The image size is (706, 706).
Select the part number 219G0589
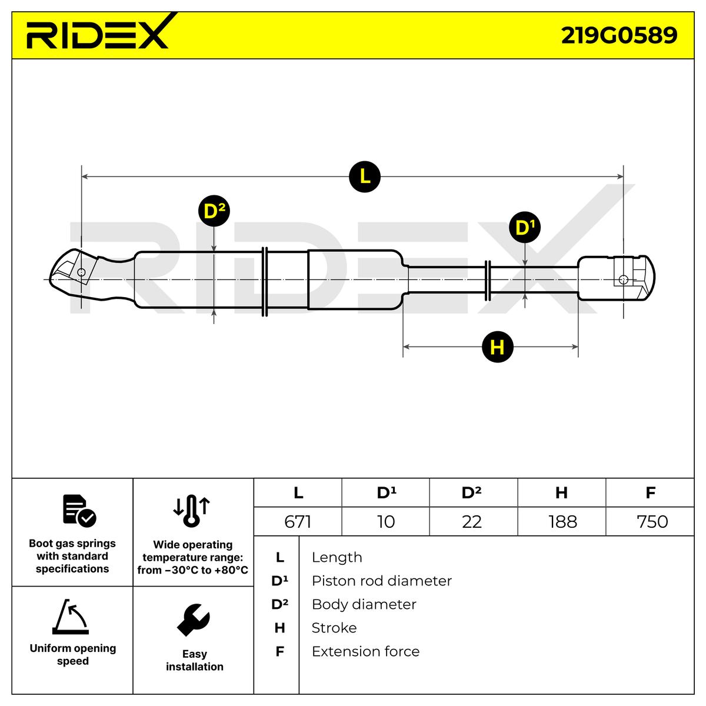619,35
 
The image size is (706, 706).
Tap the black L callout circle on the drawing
365,176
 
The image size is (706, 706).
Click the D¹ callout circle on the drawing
524,227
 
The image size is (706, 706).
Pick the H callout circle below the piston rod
497,347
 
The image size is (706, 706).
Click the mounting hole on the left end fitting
81,272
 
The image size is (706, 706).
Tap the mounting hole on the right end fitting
624,279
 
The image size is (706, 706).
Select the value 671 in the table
297,522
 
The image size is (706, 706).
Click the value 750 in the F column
652,522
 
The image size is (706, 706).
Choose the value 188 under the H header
562,522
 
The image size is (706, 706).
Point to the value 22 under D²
472,522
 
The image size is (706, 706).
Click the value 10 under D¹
385,522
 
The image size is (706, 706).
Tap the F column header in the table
650,492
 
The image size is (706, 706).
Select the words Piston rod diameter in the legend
381,581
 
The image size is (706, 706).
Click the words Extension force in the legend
365,652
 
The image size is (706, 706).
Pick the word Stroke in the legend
334,628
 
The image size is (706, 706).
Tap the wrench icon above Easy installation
194,620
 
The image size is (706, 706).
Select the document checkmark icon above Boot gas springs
79,510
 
